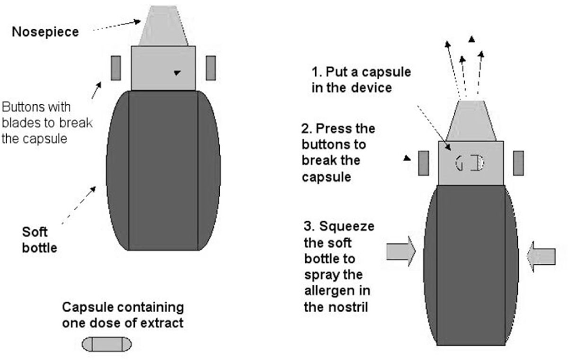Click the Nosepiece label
click(x=45, y=32)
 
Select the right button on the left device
click(x=211, y=67)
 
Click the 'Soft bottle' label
click(x=39, y=240)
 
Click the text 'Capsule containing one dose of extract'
click(x=123, y=315)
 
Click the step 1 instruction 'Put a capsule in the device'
click(x=361, y=80)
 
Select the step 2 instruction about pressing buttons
click(x=338, y=153)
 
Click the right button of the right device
click(x=519, y=163)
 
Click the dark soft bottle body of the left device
click(x=163, y=171)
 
